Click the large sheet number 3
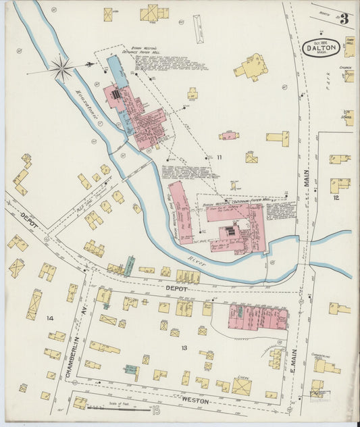tap(344, 19)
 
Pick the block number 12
tap(336, 198)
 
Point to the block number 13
tap(184, 347)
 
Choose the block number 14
tap(49, 318)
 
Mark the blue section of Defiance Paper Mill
tap(117, 70)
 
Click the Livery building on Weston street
tap(241, 386)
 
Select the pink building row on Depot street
tap(258, 316)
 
